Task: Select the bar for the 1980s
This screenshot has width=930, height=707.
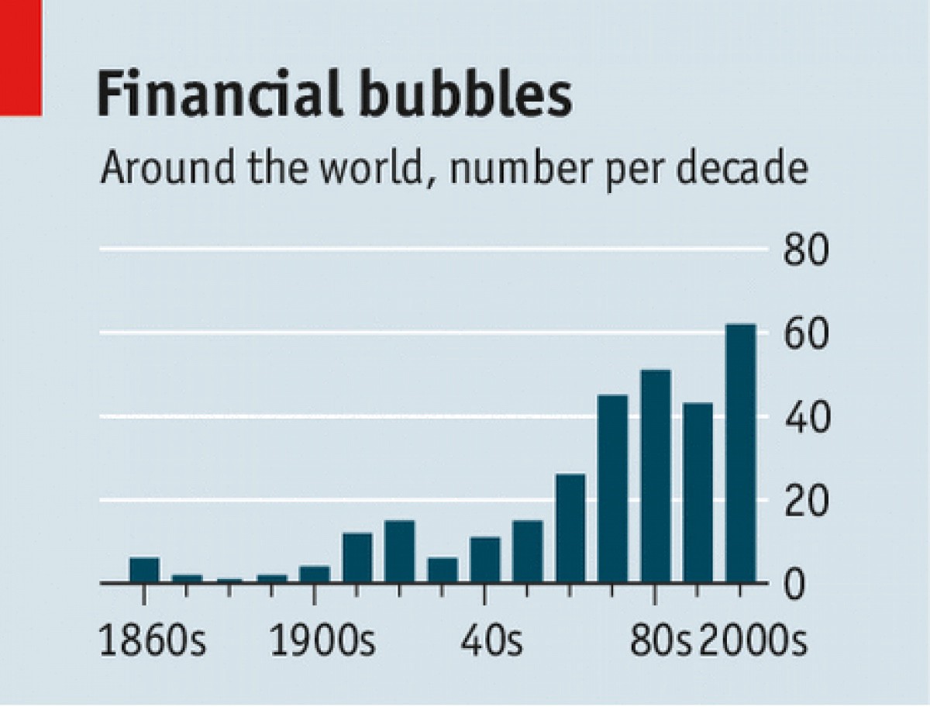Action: pyautogui.click(x=655, y=476)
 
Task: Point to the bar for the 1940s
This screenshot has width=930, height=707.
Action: pyautogui.click(x=485, y=560)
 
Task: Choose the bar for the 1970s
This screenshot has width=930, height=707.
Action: pyautogui.click(x=612, y=488)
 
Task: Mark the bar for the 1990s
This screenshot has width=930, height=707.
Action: pyautogui.click(x=697, y=492)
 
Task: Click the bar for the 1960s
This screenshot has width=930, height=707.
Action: pyautogui.click(x=570, y=528)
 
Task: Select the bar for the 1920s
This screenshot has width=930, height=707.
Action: pyautogui.click(x=400, y=551)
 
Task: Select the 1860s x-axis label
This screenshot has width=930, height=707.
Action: pyautogui.click(x=153, y=642)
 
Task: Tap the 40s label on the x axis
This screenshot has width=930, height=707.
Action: pyautogui.click(x=491, y=642)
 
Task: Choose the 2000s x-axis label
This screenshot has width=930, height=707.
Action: pyautogui.click(x=752, y=642)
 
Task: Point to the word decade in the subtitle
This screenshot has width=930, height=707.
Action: pyautogui.click(x=736, y=168)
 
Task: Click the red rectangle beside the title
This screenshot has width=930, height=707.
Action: pyautogui.click(x=19, y=57)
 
